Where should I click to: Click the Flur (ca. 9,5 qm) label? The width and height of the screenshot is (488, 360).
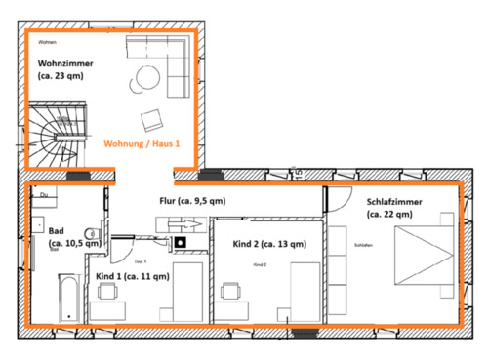coord(192,201)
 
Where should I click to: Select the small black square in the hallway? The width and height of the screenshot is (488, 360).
coord(180,241)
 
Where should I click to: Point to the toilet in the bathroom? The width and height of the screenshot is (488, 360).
coord(91,233)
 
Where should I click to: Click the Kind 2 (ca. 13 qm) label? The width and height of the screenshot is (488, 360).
coord(269,244)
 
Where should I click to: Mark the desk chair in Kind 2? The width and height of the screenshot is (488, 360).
coord(232,291)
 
